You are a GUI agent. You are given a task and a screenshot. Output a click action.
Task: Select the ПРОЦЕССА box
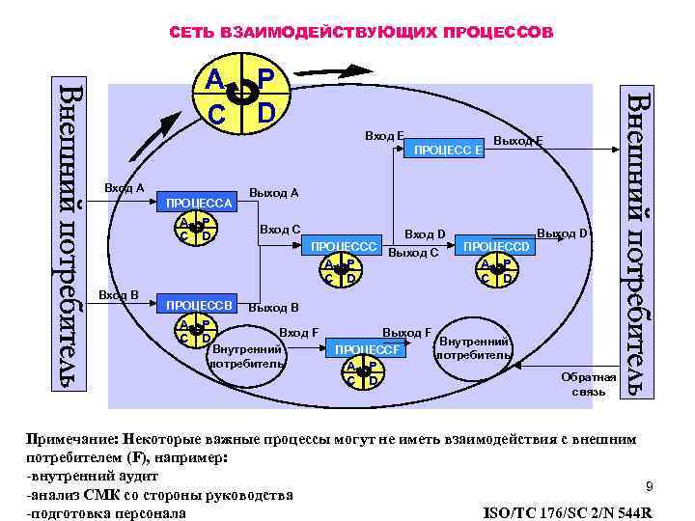coord(199,204)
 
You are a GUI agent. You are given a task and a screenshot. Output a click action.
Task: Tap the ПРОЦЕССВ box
coord(199,306)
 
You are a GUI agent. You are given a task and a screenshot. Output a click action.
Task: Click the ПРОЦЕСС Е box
coord(448,150)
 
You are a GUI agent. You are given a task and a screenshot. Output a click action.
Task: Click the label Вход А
coord(121,187)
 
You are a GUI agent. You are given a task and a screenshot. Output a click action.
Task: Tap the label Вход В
coord(121,293)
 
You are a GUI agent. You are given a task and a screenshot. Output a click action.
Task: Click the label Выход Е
coord(518,141)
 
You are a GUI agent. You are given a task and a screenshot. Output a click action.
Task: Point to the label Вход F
coord(299,333)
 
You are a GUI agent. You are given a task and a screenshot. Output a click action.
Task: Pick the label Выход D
coord(563,233)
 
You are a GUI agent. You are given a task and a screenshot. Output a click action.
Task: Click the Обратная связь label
coord(588,384)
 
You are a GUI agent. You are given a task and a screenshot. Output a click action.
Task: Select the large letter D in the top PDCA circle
coord(267,113)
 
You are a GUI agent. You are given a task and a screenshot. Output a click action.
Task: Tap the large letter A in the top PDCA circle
coord(216,80)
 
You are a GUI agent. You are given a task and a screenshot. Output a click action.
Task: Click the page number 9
coord(650,485)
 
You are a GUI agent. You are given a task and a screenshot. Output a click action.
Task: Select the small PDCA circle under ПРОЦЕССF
coord(360,371)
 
